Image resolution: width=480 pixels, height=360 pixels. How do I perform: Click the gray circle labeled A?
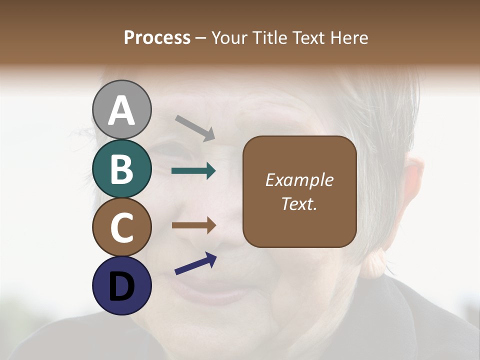[x=122, y=109]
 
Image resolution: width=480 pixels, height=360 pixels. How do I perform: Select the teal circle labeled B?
[x=122, y=168]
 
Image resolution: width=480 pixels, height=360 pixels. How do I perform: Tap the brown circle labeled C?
[x=122, y=227]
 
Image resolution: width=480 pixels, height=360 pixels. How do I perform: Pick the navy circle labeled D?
[x=122, y=286]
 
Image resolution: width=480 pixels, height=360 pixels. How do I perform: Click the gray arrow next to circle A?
[x=195, y=127]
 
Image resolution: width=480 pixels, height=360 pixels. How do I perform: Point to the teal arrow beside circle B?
[x=193, y=171]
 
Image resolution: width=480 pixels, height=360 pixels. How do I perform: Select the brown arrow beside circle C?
[x=193, y=225]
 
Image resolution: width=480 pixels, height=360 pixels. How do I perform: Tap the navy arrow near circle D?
[x=195, y=263]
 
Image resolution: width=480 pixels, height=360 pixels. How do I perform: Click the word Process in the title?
[x=157, y=38]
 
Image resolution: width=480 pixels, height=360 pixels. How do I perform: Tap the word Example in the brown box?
[x=299, y=180]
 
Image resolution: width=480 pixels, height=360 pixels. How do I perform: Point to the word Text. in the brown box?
[x=299, y=203]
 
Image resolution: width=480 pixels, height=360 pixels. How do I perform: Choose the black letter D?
[x=122, y=286]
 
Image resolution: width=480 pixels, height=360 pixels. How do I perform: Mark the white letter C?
[x=122, y=227]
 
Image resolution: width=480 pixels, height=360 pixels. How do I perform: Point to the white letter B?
[x=122, y=169]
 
